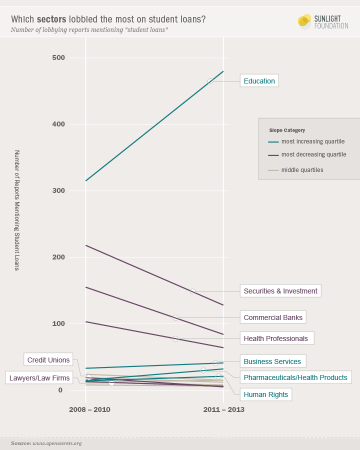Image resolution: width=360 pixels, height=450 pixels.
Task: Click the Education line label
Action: tap(259, 81)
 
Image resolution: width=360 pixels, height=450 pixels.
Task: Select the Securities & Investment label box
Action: tap(280, 291)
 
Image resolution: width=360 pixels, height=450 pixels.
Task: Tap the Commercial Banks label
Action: tap(273, 317)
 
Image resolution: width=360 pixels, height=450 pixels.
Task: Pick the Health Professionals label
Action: tap(275, 338)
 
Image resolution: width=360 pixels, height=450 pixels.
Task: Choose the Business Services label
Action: tap(272, 361)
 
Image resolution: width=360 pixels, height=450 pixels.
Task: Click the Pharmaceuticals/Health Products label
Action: tap(295, 377)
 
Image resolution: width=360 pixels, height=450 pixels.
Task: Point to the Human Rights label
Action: tap(265, 394)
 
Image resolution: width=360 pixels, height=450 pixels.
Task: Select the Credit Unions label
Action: tap(48, 359)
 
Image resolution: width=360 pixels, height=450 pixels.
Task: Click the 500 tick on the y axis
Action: tap(58, 58)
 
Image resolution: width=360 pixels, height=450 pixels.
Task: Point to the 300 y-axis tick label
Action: tap(58, 191)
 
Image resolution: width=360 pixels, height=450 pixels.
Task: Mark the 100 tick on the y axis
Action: tap(58, 323)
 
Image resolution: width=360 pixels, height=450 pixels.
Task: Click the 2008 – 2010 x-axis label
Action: tap(89, 409)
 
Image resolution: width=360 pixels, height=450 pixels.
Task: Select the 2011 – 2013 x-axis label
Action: tap(223, 409)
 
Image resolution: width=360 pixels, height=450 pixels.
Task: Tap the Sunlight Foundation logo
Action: tap(322, 21)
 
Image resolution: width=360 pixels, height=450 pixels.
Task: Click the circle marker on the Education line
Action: tap(210, 81)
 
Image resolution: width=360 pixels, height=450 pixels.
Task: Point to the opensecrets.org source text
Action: tap(57, 443)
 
